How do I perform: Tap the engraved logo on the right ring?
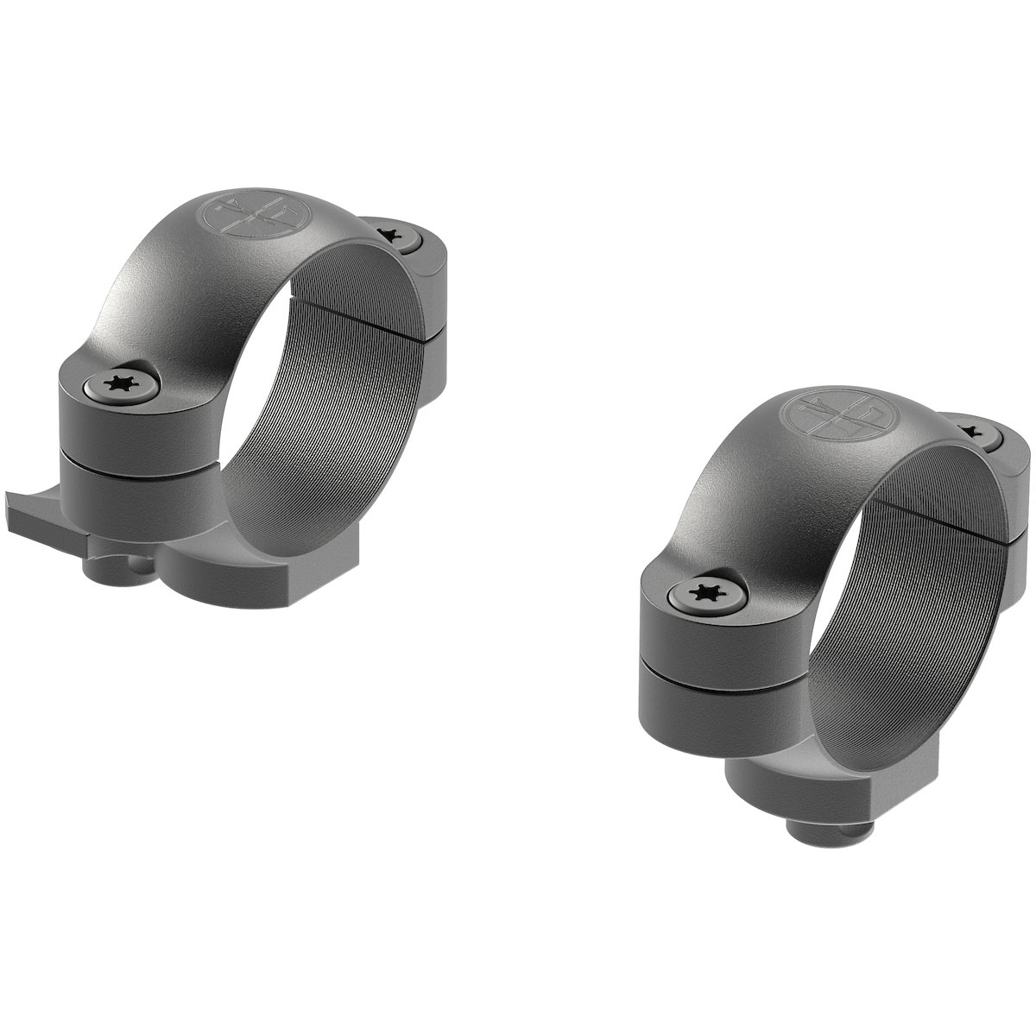point(821,415)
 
